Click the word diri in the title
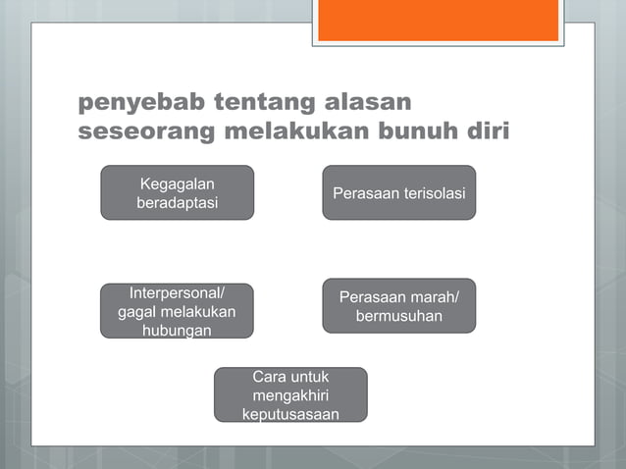(x=486, y=131)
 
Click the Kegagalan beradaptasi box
(x=177, y=192)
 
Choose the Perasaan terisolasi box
(x=398, y=192)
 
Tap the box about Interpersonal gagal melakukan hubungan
(x=177, y=311)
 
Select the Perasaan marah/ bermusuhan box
(x=398, y=306)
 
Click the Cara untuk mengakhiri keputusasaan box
(x=290, y=394)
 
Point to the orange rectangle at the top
(x=439, y=20)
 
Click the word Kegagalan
(x=178, y=183)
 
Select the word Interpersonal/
(x=177, y=293)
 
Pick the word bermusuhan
(x=398, y=316)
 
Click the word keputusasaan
(x=290, y=414)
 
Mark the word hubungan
(x=177, y=331)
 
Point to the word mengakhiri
(x=290, y=395)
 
